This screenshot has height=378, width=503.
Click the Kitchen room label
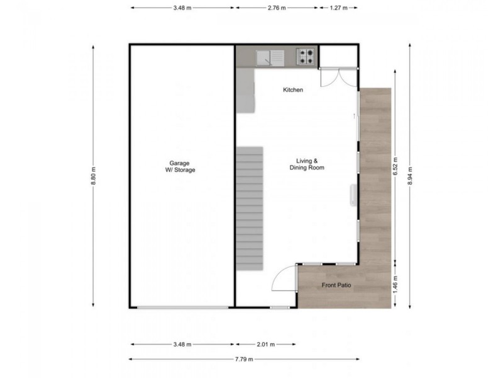coord(293,90)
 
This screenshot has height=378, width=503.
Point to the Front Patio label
coord(336,285)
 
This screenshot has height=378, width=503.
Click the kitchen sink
coord(271,57)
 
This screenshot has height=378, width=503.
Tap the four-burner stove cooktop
coord(306,57)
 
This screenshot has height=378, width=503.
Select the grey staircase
coord(250,208)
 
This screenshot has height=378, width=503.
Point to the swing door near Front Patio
coord(286,277)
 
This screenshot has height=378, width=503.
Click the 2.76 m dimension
coord(276,8)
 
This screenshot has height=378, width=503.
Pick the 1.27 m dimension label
coord(338,8)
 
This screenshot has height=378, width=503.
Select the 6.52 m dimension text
coord(396,169)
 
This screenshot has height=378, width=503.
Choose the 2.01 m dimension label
coord(264,345)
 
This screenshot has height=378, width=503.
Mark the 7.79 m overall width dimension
coord(245,359)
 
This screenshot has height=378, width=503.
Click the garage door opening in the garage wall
coord(182,307)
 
